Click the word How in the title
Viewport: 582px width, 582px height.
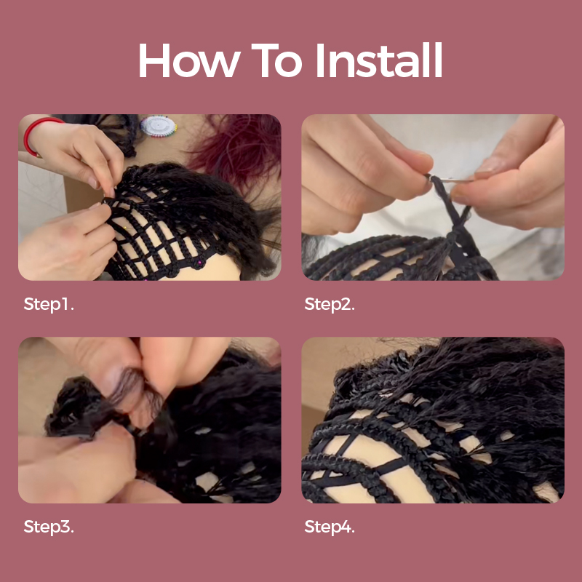pyautogui.click(x=189, y=60)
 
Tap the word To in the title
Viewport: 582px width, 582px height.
pyautogui.click(x=276, y=60)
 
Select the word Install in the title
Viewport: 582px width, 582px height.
pyautogui.click(x=379, y=60)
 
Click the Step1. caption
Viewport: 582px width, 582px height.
pyautogui.click(x=49, y=304)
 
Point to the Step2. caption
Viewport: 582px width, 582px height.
pyautogui.click(x=330, y=304)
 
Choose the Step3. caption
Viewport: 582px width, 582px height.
pyautogui.click(x=49, y=527)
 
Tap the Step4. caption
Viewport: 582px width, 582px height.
pyautogui.click(x=330, y=527)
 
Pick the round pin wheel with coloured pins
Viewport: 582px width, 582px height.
pyautogui.click(x=159, y=126)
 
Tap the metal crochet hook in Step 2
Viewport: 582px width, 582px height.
pyautogui.click(x=450, y=180)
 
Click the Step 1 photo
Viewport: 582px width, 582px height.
pyautogui.click(x=150, y=197)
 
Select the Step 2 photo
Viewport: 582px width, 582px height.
pyautogui.click(x=433, y=197)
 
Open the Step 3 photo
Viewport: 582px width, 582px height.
pyautogui.click(x=150, y=420)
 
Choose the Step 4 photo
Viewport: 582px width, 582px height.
pyautogui.click(x=433, y=420)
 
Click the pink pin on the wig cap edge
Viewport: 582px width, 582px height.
pyautogui.click(x=199, y=263)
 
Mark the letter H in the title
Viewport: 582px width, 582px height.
pyautogui.click(x=154, y=60)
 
